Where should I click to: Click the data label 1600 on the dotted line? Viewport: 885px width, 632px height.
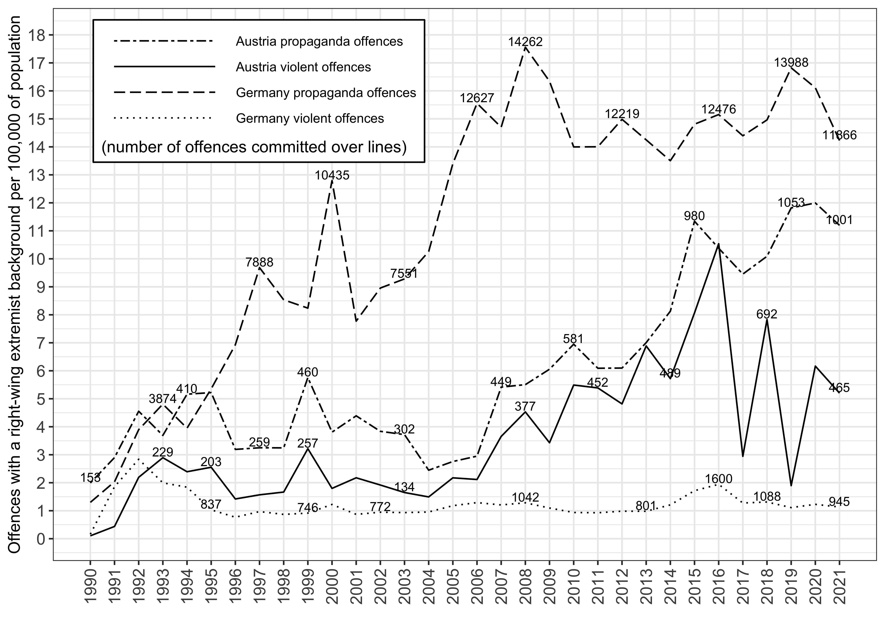tap(718, 479)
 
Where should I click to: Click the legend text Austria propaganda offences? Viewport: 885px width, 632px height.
tap(319, 42)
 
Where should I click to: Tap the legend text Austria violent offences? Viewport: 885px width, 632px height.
tap(303, 67)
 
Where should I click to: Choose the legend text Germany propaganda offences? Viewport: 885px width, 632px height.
tap(326, 93)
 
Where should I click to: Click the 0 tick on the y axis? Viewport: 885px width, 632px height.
tap(40, 539)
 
